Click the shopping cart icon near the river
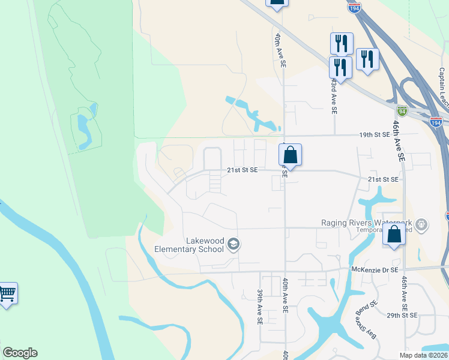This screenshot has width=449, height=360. tap(7, 293)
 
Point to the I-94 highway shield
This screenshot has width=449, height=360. tap(402, 111)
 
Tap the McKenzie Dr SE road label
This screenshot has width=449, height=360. tap(375, 270)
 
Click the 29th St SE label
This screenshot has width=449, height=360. tap(402, 314)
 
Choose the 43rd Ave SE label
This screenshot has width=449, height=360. tap(334, 95)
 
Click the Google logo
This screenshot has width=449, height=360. tap(20, 353)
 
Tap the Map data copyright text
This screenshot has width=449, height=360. tap(423, 355)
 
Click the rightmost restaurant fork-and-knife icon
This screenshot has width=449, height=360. tap(367, 59)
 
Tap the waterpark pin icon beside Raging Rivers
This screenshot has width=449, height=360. tap(422, 226)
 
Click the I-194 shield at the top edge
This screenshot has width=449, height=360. tap(354, 7)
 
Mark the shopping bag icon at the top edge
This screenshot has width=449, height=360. tap(277, 2)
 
